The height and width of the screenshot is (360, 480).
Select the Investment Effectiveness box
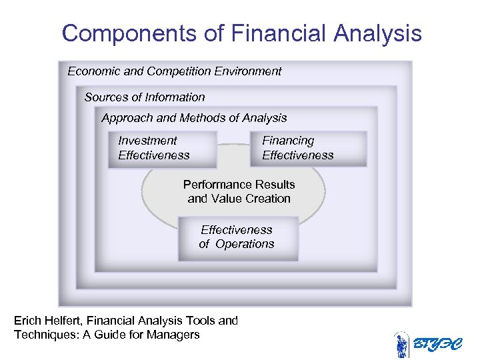(162, 149)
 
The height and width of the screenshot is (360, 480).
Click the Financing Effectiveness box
(308, 149)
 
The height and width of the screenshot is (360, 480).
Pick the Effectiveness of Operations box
(237, 237)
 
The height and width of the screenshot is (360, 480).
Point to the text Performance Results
(239, 184)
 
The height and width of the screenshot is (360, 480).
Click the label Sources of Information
(145, 97)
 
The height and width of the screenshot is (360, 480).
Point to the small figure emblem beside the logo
(401, 345)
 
